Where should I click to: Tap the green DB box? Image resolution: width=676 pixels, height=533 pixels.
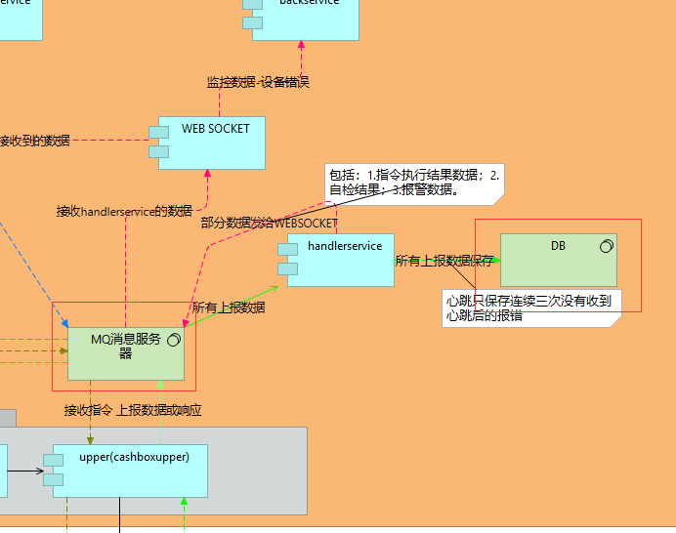pos(558,260)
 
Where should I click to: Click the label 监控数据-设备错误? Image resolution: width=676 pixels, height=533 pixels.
pos(258,83)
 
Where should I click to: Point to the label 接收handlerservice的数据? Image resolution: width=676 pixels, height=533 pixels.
pos(124,211)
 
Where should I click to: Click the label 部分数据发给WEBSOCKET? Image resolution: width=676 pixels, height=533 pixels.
pos(269,224)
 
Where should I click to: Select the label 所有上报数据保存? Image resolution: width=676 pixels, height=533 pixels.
pos(444,261)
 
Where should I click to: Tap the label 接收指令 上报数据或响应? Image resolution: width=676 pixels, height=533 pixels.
pos(133,410)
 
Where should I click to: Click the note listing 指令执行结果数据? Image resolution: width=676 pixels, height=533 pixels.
pos(413,183)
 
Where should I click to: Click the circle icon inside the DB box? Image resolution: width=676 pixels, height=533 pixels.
pos(606,245)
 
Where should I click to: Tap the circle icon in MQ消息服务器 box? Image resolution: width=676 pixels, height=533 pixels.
pos(175,340)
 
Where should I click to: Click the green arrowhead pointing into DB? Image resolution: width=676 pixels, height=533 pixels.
pos(495,260)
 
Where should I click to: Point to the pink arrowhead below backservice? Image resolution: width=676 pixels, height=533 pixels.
pos(301,45)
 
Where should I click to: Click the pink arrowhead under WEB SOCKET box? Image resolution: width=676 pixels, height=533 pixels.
pos(207,174)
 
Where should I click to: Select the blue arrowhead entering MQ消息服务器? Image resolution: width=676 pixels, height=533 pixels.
pos(63,324)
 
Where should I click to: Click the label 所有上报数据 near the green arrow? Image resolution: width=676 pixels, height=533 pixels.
pos(229,307)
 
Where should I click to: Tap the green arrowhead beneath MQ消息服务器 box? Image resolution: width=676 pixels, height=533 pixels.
pos(160,385)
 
